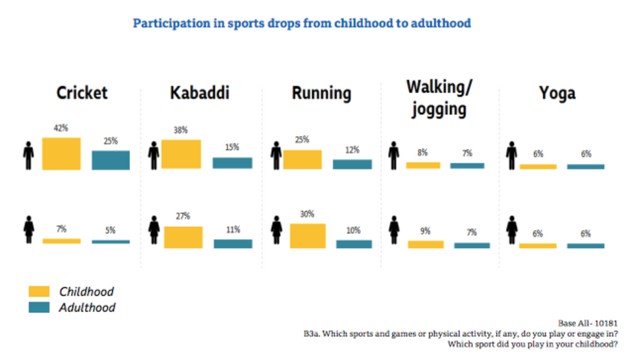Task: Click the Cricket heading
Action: click(x=82, y=93)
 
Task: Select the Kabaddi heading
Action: click(x=199, y=93)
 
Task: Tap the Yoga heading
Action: click(x=557, y=93)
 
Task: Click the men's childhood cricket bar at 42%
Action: click(x=61, y=154)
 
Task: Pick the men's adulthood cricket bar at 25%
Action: click(x=111, y=160)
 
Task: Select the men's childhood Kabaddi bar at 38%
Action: click(x=181, y=154)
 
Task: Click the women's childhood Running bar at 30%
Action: click(x=307, y=236)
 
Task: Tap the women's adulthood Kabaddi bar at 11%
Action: click(x=233, y=244)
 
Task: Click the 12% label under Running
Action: click(x=353, y=150)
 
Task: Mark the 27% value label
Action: click(x=183, y=216)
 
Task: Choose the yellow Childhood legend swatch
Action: click(x=39, y=291)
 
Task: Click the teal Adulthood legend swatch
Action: click(x=39, y=308)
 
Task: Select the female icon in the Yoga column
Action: click(x=511, y=232)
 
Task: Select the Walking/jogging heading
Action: click(x=439, y=99)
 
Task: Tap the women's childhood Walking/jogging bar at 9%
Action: click(x=425, y=244)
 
